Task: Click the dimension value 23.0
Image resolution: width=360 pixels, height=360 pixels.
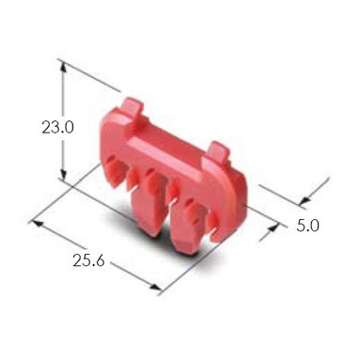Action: coord(57,128)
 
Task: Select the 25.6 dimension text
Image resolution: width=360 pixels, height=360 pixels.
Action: coord(88,260)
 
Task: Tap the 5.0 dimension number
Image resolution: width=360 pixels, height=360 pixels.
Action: coord(307,226)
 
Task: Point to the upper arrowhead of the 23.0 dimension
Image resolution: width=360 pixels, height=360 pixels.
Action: coord(63,68)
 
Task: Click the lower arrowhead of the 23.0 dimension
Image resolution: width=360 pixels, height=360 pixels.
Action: coord(63,175)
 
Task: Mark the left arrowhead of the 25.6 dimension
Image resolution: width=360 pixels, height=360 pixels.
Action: coord(37,223)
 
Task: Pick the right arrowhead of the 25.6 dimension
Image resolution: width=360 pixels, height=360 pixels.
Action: coord(155,287)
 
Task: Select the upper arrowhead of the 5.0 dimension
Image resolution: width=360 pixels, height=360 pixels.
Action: coord(304,200)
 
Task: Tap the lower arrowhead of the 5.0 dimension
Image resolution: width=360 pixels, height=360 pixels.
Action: coord(273,227)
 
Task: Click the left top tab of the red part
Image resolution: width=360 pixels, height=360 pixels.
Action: coord(131,108)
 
